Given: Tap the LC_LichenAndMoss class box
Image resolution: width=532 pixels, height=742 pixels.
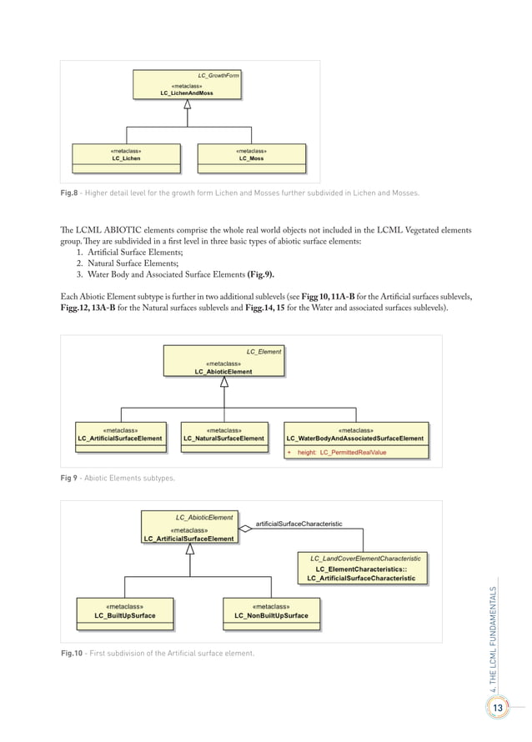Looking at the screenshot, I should [x=187, y=89].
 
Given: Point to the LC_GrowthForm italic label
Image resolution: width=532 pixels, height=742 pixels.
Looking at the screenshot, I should [x=218, y=76].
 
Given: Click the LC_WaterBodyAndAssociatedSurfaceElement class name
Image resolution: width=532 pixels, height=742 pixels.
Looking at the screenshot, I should [x=354, y=438].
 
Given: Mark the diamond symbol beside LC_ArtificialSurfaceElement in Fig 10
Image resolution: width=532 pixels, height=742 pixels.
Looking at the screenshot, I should [x=245, y=529].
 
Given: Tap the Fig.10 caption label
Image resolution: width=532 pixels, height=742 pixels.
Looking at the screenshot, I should [x=72, y=653].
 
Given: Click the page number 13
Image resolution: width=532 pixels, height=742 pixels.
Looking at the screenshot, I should [x=498, y=708].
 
